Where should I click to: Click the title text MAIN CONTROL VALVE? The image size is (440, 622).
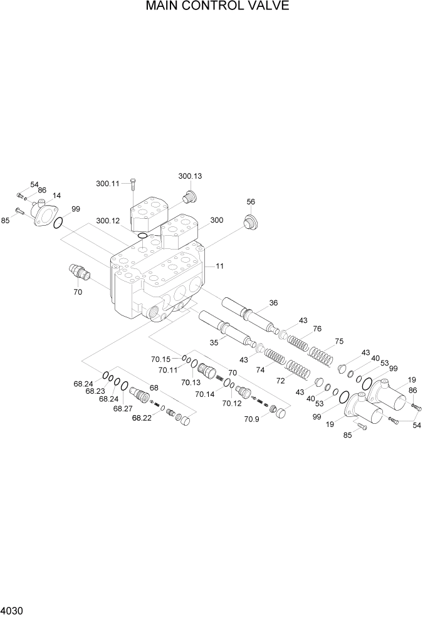pyautogui.click(x=217, y=7)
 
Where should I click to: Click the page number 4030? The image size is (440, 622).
pyautogui.click(x=13, y=611)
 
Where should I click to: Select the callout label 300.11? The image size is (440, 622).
pyautogui.click(x=108, y=184)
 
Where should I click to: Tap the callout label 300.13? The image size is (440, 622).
pyautogui.click(x=191, y=176)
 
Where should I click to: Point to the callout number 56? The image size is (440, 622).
pyautogui.click(x=251, y=202)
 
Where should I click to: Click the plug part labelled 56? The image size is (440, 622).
pyautogui.click(x=251, y=223)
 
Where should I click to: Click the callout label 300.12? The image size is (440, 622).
pyautogui.click(x=108, y=221)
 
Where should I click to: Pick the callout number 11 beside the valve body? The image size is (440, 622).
pyautogui.click(x=220, y=266)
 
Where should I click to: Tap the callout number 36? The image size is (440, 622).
pyautogui.click(x=273, y=303)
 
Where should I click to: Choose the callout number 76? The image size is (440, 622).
pyautogui.click(x=317, y=329)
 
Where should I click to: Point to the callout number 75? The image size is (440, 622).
pyautogui.click(x=339, y=342)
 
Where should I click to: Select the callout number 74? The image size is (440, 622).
pyautogui.click(x=260, y=371)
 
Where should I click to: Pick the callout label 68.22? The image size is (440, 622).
pyautogui.click(x=142, y=418)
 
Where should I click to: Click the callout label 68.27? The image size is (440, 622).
pyautogui.click(x=122, y=409)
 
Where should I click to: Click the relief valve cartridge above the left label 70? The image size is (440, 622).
pyautogui.click(x=78, y=273)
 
